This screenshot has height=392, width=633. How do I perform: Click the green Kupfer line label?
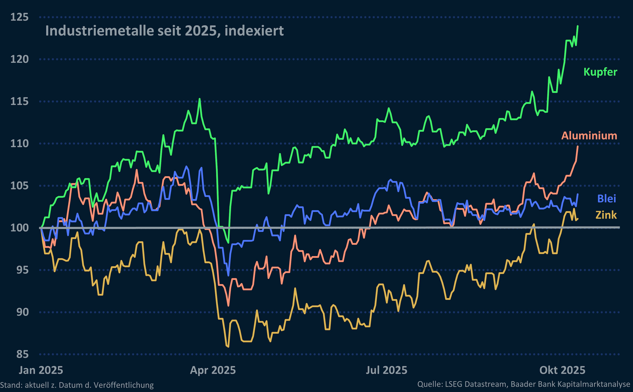point(600,72)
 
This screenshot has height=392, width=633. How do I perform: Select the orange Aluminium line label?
point(589,136)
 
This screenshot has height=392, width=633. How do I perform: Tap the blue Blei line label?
point(606,199)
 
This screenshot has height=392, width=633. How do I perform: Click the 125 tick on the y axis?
point(19,17)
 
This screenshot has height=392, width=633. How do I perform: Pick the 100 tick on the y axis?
point(19,228)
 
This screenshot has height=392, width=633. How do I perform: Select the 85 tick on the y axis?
point(22,354)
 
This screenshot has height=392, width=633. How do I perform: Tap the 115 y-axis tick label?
point(19,101)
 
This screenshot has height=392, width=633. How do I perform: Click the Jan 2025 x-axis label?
point(41,370)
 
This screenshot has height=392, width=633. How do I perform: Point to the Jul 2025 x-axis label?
point(386,370)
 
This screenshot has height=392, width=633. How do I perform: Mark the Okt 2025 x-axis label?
point(562,370)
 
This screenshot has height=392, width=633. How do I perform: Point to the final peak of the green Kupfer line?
point(578,26)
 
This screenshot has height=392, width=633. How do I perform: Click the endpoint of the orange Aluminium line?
point(578,147)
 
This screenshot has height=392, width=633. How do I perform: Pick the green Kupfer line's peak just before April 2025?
point(199,99)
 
